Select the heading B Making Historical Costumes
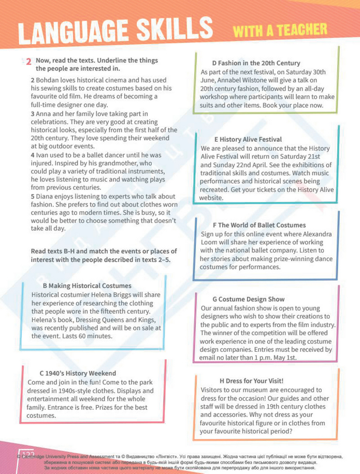87,286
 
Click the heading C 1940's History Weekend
78,373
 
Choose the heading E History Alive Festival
248,139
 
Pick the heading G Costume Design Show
248,299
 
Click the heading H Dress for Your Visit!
251,381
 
